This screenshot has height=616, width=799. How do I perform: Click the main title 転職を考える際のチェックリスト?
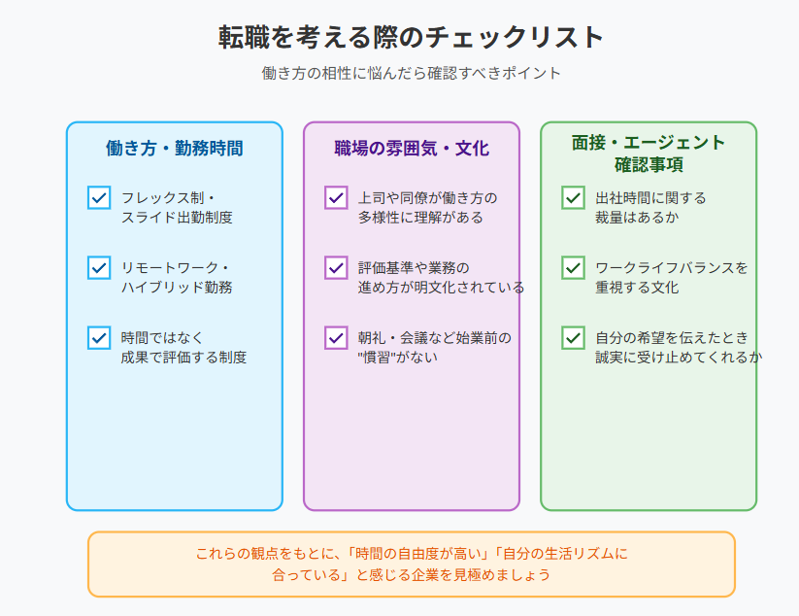[412, 37]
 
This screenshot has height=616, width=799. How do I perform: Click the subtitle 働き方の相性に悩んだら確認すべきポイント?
[412, 73]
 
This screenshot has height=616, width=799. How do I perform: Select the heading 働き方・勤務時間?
[175, 148]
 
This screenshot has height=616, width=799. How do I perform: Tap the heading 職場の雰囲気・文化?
[412, 148]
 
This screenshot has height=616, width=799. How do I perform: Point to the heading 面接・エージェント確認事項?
[649, 153]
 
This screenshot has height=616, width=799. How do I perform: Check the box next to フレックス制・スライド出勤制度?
[99, 198]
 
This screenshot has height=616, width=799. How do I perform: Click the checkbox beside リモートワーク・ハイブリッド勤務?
[99, 268]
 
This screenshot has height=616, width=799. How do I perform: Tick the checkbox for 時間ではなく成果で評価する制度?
[99, 337]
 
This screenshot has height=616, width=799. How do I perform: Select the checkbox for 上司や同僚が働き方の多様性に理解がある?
[336, 198]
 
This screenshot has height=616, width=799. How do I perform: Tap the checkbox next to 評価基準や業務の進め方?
[336, 268]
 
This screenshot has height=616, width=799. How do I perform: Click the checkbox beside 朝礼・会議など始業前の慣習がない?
[336, 337]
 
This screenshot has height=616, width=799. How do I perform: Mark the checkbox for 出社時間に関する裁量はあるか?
[573, 198]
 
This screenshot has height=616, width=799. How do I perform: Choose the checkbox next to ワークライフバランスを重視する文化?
[573, 268]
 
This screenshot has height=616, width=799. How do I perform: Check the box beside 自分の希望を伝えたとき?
[573, 337]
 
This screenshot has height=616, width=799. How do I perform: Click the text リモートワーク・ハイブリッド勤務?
[177, 278]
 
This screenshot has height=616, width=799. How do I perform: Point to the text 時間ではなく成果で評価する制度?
[183, 347]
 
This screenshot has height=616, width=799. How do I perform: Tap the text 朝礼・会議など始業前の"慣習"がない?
[435, 347]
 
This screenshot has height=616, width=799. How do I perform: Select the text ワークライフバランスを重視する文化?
[672, 278]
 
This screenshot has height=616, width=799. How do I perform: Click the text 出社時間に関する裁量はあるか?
[650, 208]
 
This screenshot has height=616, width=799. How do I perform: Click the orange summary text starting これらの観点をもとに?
[412, 564]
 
